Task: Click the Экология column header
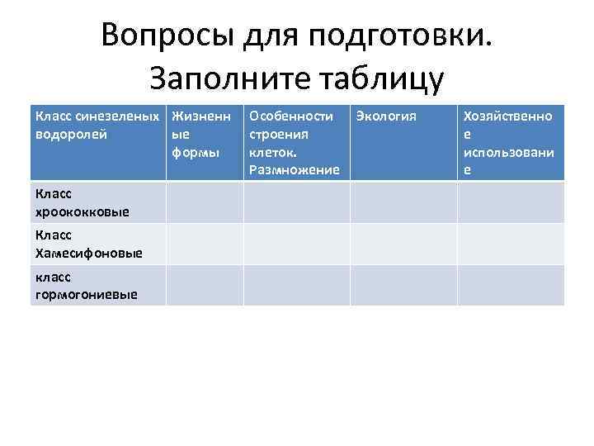pyautogui.click(x=386, y=116)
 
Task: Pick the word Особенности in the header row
pyautogui.click(x=290, y=116)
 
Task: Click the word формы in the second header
pyautogui.click(x=196, y=153)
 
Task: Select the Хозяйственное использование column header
pyautogui.click(x=509, y=143)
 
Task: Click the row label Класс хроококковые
pyautogui.click(x=82, y=202)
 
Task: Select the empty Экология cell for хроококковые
pyautogui.click(x=403, y=202)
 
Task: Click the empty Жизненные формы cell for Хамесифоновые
pyautogui.click(x=204, y=244)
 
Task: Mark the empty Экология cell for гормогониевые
pyautogui.click(x=403, y=285)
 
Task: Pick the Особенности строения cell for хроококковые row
pyautogui.click(x=296, y=202)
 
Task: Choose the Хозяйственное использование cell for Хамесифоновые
pyautogui.click(x=511, y=244)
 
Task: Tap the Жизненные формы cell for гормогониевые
pyautogui.click(x=204, y=285)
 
